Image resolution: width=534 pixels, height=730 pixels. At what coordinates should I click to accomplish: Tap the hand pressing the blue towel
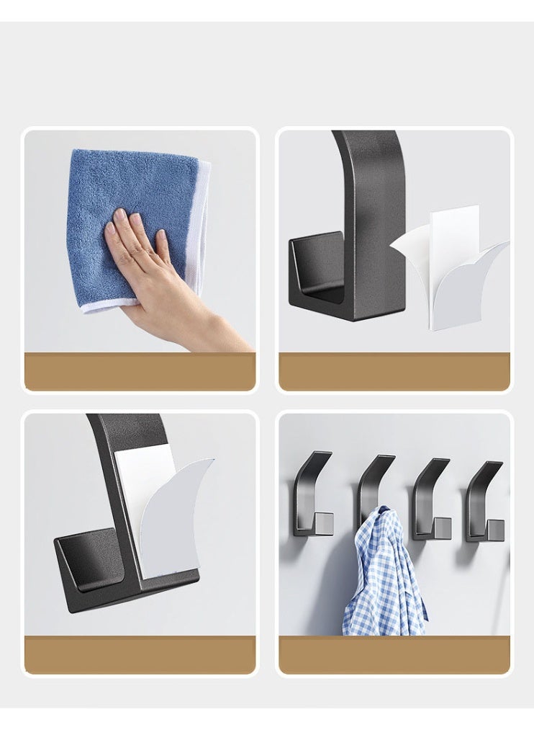tap(144, 259)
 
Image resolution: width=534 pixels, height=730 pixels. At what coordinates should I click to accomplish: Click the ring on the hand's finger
tap(150, 252)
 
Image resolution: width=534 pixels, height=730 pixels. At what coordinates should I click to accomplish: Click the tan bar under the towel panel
tap(140, 371)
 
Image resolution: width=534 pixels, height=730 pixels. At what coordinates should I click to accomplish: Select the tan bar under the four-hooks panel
tap(394, 654)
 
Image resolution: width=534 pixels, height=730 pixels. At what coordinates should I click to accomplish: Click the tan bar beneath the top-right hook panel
tap(394, 371)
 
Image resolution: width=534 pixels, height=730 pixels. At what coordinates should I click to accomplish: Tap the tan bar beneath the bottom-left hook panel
tap(140, 654)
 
